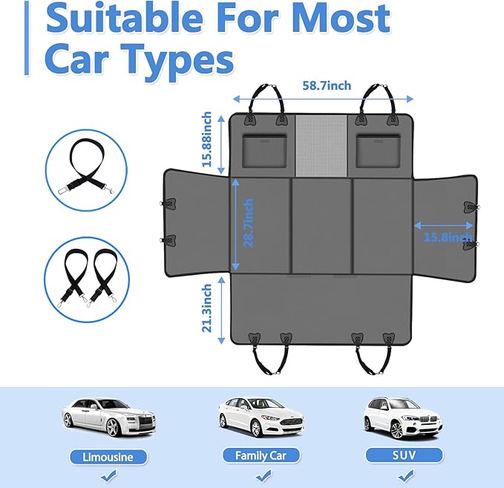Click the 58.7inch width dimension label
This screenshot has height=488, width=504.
click(327, 86)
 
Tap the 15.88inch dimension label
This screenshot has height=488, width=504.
click(206, 140)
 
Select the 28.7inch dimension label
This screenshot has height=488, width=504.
click(249, 223)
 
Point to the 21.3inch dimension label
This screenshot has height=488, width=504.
click(206, 308)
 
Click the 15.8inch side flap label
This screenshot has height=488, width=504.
click(448, 238)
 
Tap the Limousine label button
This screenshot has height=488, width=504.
click(108, 457)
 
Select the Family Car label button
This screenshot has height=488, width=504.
click(261, 455)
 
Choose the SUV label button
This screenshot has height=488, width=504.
click(404, 455)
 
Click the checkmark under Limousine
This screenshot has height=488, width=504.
click(108, 476)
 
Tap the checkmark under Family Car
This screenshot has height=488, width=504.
click(264, 476)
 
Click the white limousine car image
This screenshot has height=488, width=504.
click(108, 417)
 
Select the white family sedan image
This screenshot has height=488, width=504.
click(261, 417)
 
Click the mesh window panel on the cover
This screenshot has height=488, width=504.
click(321, 146)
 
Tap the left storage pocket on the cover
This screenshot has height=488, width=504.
click(264, 152)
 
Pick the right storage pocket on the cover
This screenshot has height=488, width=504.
click(379, 152)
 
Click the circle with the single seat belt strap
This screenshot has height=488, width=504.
click(86, 171)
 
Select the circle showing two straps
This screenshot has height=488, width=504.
click(87, 280)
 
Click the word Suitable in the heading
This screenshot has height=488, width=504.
click(125, 19)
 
